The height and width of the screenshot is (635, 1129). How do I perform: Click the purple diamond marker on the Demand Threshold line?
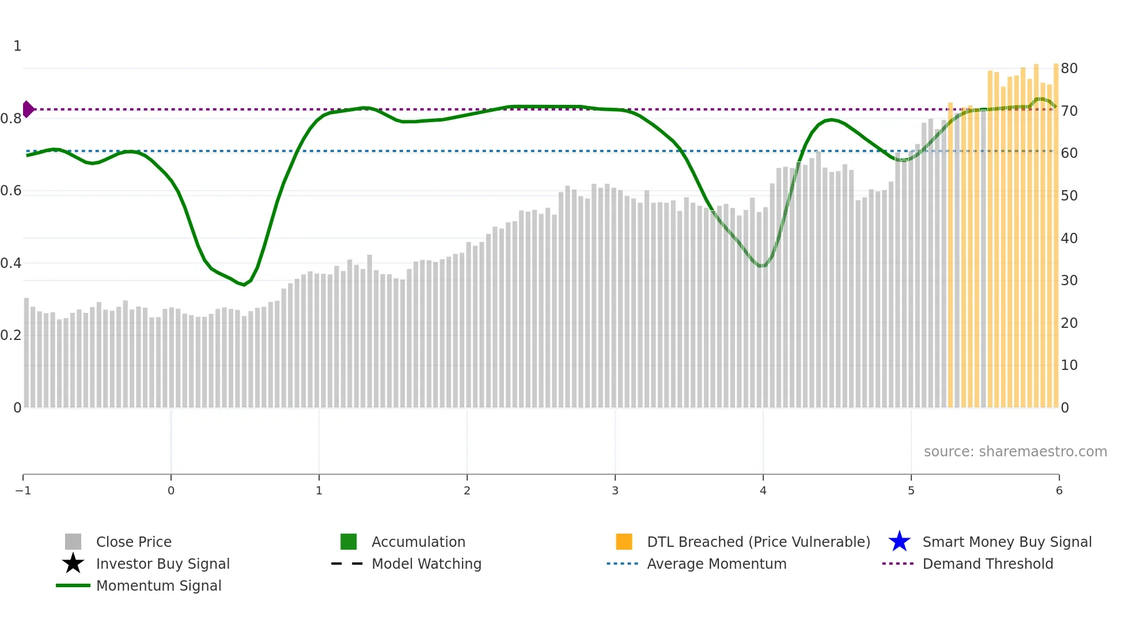pyautogui.click(x=28, y=109)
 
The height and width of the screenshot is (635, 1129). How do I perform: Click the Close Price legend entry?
pyautogui.click(x=133, y=542)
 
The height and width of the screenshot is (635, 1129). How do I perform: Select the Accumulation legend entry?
pyautogui.click(x=418, y=542)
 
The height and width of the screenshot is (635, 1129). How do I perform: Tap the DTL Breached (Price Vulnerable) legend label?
pyautogui.click(x=758, y=542)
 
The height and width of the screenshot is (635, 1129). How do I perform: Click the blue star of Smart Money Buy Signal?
pyautogui.click(x=899, y=542)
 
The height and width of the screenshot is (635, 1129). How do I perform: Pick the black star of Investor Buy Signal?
pyautogui.click(x=73, y=564)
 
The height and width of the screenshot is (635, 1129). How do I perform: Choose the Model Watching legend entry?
pyautogui.click(x=426, y=564)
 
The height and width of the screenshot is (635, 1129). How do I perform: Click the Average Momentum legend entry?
pyautogui.click(x=716, y=564)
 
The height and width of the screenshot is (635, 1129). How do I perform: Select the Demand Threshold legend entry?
pyautogui.click(x=987, y=564)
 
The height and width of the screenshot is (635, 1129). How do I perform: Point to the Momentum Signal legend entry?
pyautogui.click(x=158, y=586)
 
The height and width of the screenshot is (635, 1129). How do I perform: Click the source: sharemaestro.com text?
pyautogui.click(x=1015, y=452)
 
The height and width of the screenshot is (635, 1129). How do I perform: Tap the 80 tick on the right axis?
pyautogui.click(x=1069, y=69)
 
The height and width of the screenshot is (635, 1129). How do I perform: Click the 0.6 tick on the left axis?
pyautogui.click(x=12, y=191)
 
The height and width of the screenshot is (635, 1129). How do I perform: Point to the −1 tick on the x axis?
pyautogui.click(x=23, y=491)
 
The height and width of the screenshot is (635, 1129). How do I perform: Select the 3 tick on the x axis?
pyautogui.click(x=615, y=491)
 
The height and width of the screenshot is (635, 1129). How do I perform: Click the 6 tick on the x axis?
pyautogui.click(x=1059, y=491)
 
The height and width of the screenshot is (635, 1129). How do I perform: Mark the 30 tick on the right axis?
pyautogui.click(x=1069, y=281)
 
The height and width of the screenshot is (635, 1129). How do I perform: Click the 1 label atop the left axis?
pyautogui.click(x=17, y=46)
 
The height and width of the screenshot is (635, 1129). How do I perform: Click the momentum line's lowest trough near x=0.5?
pyautogui.click(x=245, y=285)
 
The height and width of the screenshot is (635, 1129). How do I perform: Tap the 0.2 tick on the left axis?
pyautogui.click(x=12, y=335)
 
